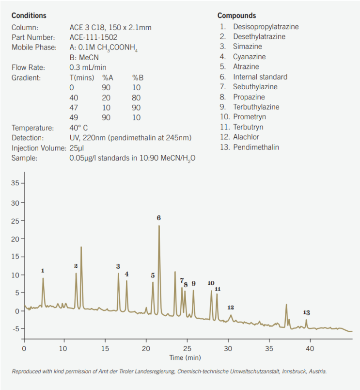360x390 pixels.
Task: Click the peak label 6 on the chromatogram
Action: coord(158,218)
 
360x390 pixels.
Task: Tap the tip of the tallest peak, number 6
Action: coord(159,226)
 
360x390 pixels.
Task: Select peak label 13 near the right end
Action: coord(306,312)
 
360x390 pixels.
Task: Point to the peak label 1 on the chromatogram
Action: coord(43,271)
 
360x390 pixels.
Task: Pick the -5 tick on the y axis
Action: coord(15,329)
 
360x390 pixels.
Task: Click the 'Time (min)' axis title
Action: coord(185,357)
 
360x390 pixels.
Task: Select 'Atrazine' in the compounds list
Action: coord(246,67)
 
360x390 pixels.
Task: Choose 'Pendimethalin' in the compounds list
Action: coord(256,147)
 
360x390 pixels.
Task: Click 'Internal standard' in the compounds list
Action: coord(260,77)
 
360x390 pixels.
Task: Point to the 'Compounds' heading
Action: coord(236,16)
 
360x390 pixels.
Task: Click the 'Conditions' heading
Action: coord(29,16)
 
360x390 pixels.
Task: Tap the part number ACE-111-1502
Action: coord(93,37)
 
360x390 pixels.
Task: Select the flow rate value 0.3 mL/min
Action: coord(88,67)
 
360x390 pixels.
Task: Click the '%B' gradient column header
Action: coord(138,78)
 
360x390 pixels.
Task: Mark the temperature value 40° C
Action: coord(79,128)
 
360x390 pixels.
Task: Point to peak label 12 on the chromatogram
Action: coord(231,308)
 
